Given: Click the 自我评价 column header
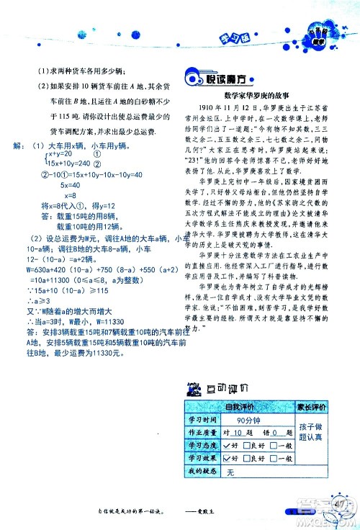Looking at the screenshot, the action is [235, 407].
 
